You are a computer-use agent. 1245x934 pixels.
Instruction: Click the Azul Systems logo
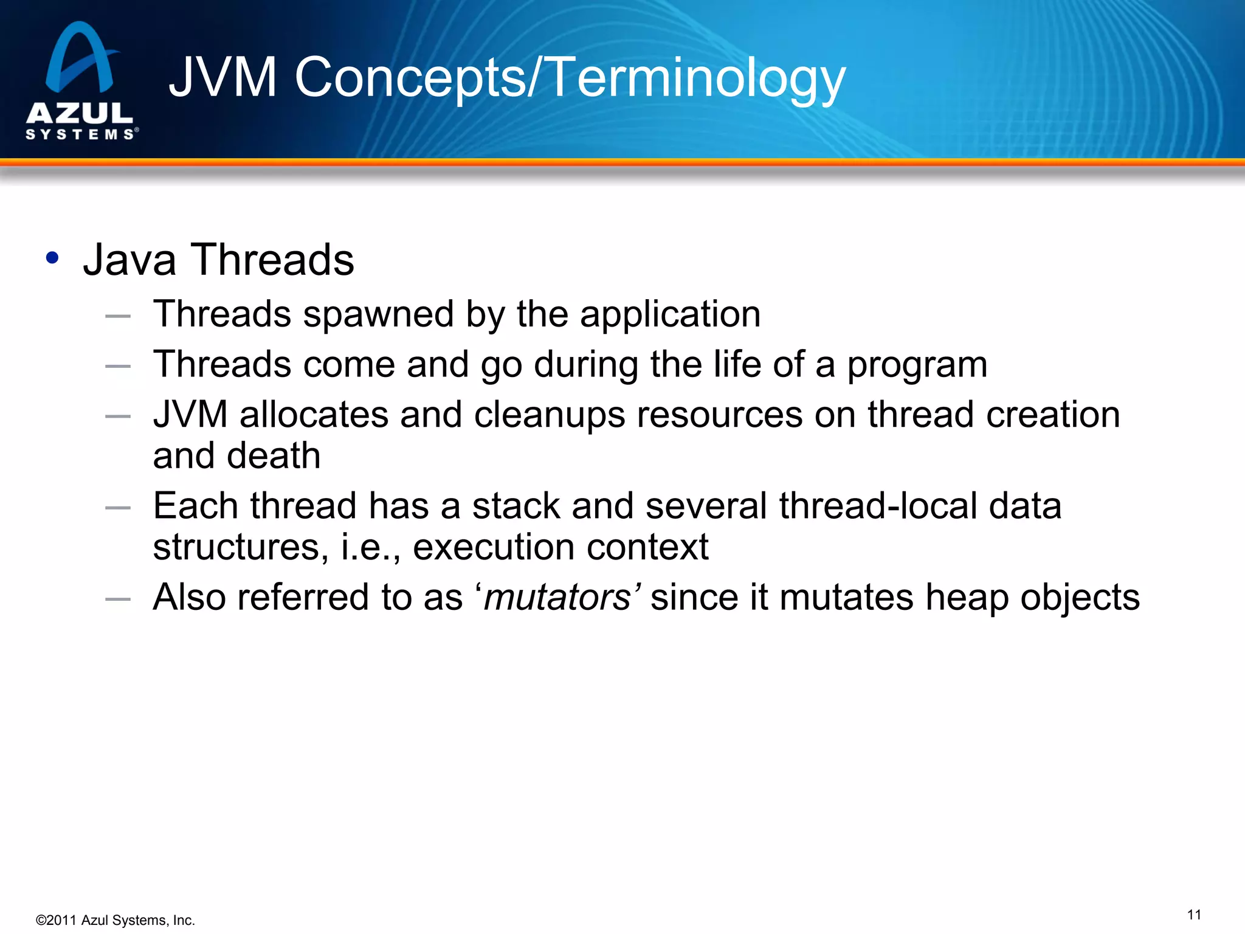click(x=81, y=82)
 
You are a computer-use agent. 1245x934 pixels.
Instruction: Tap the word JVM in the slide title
click(x=222, y=77)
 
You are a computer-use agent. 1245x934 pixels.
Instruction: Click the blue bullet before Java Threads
click(x=52, y=258)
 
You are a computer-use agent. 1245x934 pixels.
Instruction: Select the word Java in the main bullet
click(x=129, y=260)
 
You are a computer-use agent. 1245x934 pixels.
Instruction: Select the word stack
click(x=516, y=506)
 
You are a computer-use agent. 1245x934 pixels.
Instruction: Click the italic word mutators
click(x=557, y=598)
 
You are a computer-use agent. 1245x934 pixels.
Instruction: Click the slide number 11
click(x=1194, y=915)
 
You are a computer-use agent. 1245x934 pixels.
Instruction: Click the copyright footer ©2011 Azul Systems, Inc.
click(x=116, y=920)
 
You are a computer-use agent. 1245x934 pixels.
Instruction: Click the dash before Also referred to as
click(x=118, y=599)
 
